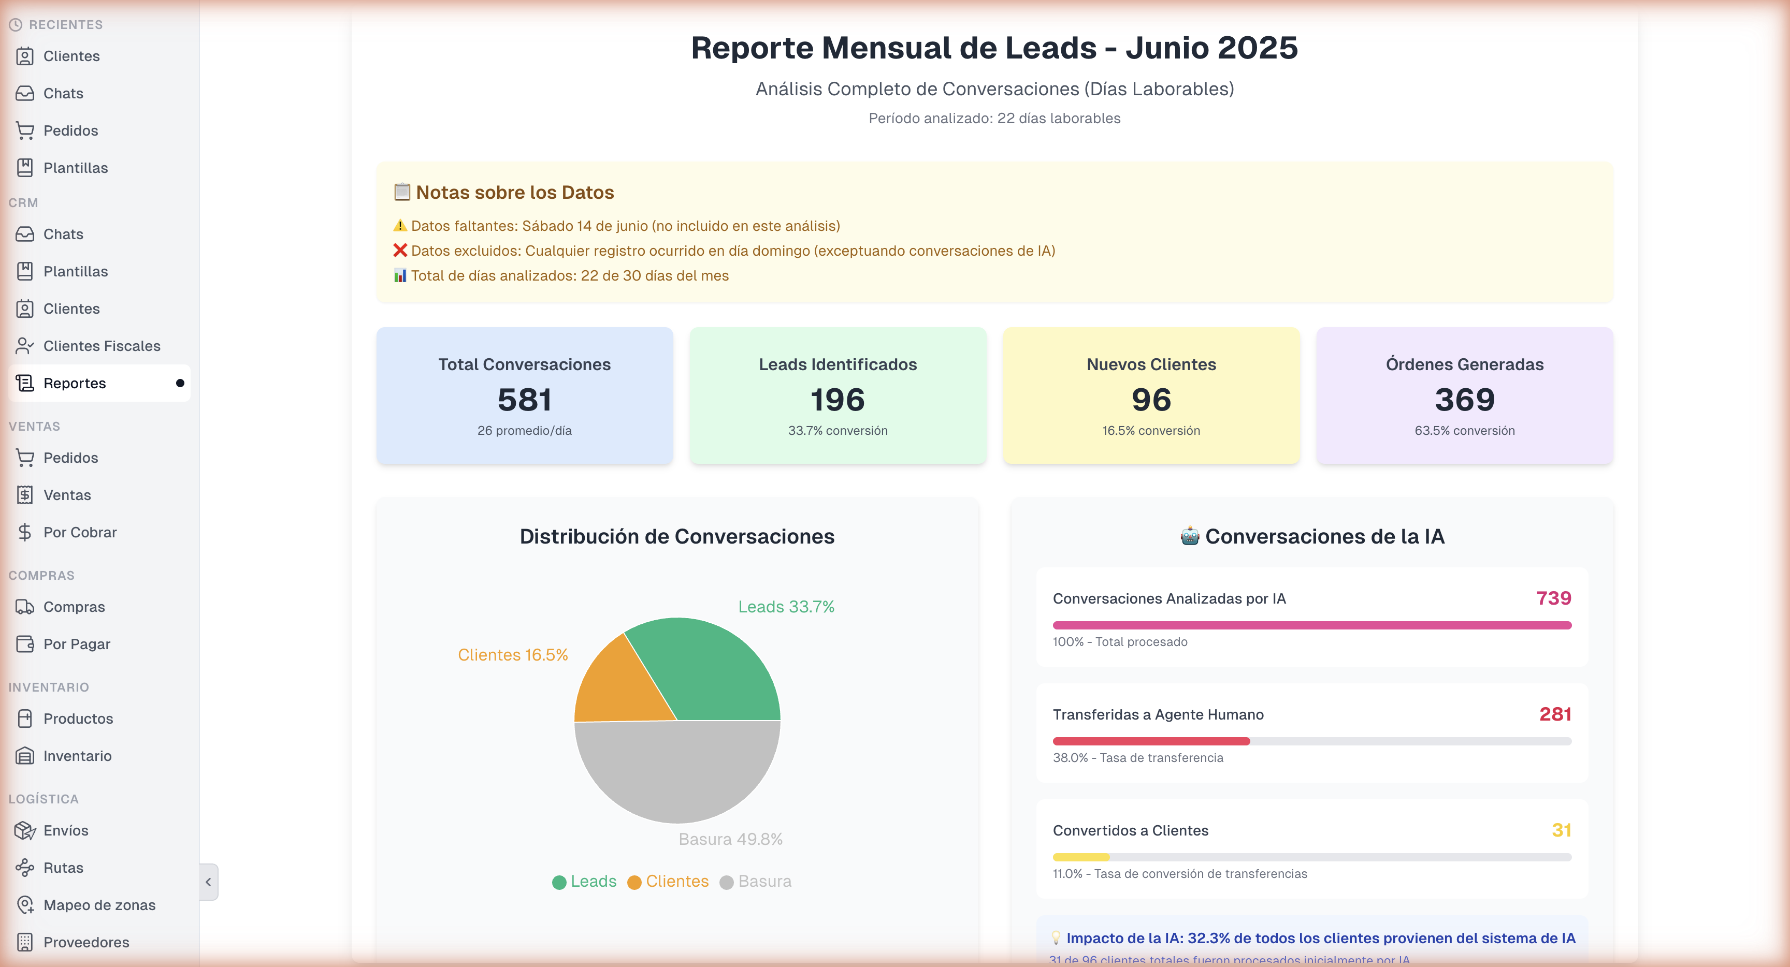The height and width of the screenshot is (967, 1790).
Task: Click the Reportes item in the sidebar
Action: click(75, 384)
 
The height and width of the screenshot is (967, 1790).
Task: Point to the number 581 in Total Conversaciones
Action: click(525, 400)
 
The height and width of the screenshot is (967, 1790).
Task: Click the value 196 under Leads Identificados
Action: click(838, 400)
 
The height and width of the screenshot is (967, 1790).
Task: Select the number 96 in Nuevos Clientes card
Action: click(1151, 400)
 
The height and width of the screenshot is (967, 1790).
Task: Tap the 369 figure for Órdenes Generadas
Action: click(1464, 400)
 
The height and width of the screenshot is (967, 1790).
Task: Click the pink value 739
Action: click(1553, 598)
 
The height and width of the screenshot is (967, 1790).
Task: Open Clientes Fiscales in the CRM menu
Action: click(102, 346)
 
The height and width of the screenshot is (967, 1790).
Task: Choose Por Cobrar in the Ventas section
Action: click(80, 532)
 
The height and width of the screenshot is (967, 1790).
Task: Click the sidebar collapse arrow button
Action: click(208, 882)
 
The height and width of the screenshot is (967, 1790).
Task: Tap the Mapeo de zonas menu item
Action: click(99, 905)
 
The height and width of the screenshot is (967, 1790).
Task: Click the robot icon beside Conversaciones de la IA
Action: click(1190, 536)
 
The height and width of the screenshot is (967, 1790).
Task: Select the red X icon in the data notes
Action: click(399, 250)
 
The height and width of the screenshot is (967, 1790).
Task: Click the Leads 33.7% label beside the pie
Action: click(786, 607)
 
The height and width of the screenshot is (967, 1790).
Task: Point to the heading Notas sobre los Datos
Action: click(514, 193)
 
